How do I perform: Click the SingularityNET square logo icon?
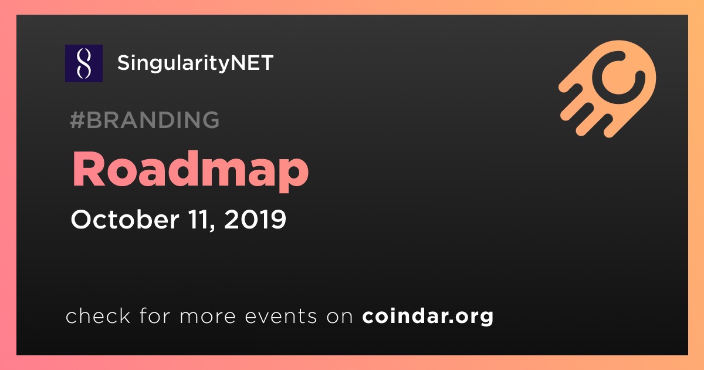[84, 63]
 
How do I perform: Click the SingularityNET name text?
[195, 63]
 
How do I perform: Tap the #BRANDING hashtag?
[144, 120]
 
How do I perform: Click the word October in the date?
[125, 219]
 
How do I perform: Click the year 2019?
[255, 219]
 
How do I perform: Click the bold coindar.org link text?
[428, 317]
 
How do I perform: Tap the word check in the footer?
[98, 315]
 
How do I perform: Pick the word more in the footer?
[208, 317]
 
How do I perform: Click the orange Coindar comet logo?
[607, 89]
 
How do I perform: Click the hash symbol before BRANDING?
[77, 120]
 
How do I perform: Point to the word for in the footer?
[155, 315]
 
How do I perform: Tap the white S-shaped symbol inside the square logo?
[84, 63]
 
